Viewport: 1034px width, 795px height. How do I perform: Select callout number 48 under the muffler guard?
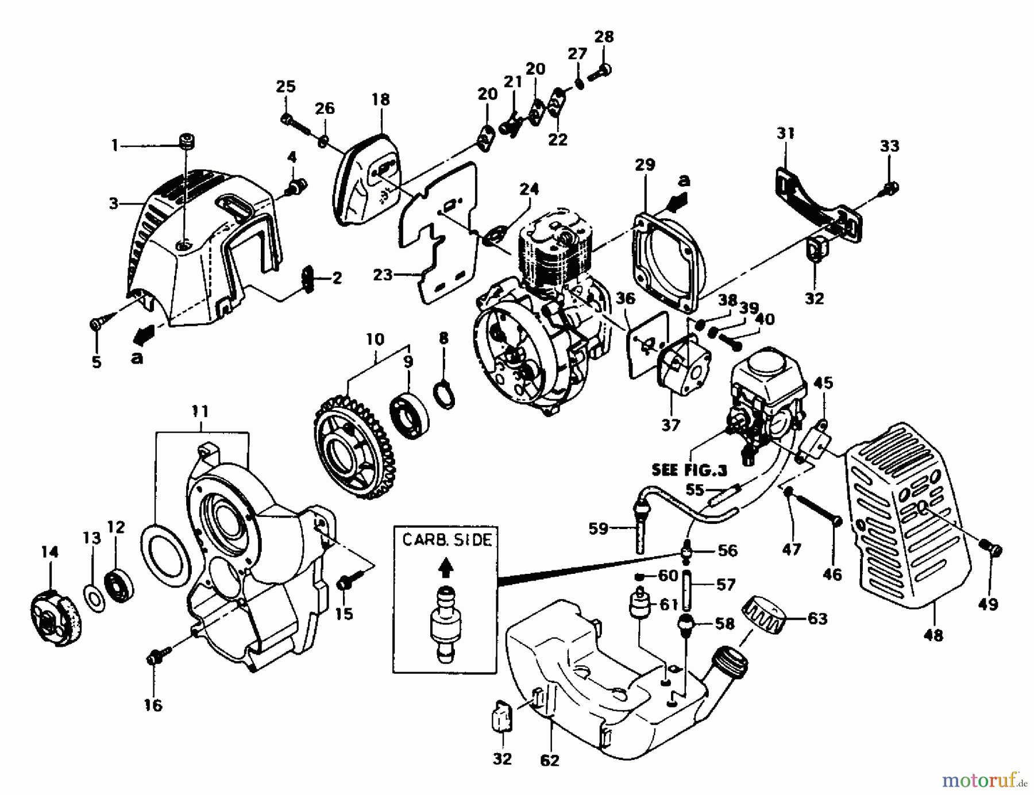click(933, 635)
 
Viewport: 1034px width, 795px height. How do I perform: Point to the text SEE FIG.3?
click(689, 470)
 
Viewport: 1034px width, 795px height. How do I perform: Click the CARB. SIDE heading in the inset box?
click(446, 541)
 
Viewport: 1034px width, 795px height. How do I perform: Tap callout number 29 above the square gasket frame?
click(645, 165)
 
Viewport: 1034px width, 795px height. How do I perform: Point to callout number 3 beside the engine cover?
click(113, 203)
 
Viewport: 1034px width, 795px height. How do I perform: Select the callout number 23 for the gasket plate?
click(382, 275)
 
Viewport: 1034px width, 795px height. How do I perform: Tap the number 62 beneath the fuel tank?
click(550, 760)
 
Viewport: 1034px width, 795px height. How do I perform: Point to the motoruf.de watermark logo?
click(984, 779)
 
